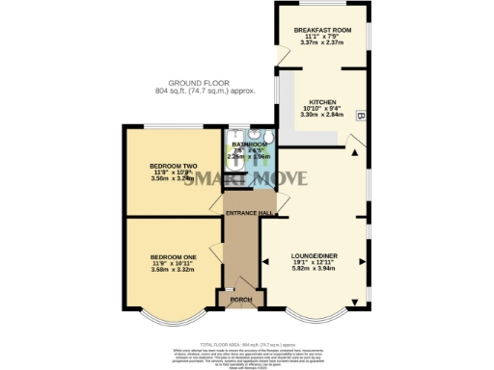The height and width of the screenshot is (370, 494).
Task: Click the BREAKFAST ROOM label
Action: click(x=322, y=30)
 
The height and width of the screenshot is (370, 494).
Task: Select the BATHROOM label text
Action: click(x=249, y=144)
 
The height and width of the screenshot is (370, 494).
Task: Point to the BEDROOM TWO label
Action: click(x=173, y=166)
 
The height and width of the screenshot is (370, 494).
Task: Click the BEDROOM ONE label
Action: click(x=173, y=256)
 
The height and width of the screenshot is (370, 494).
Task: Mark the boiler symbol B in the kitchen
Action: click(x=361, y=116)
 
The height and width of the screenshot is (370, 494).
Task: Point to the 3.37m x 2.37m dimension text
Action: click(x=322, y=42)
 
